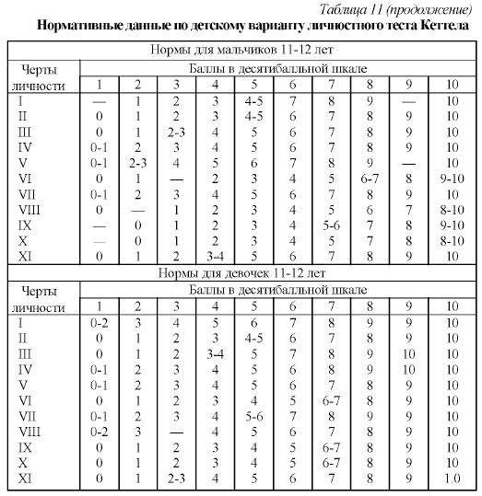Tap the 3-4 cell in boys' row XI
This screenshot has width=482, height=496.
pyautogui.click(x=217, y=256)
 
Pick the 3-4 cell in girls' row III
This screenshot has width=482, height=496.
pyautogui.click(x=217, y=352)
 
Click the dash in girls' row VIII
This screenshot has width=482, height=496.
pyautogui.click(x=176, y=431)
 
